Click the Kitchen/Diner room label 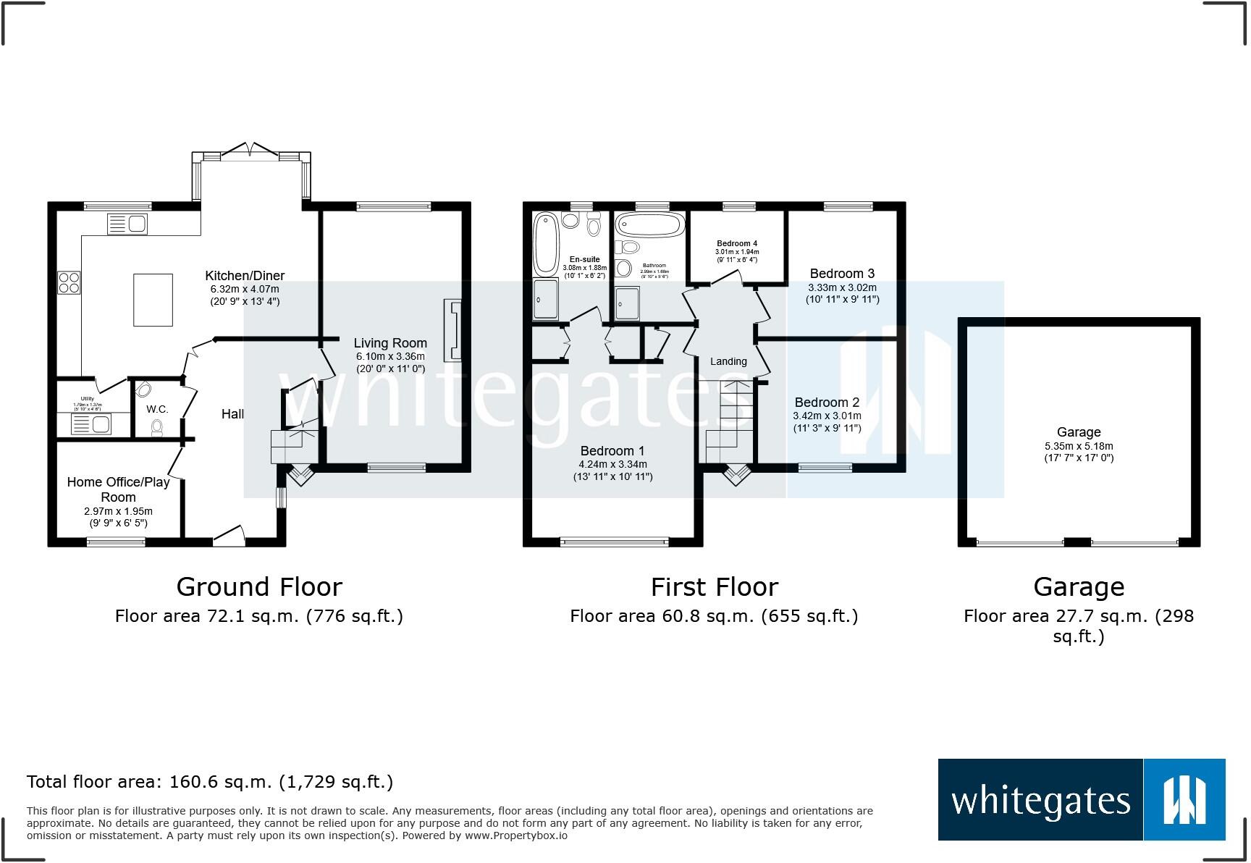245,276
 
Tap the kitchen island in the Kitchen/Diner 153,300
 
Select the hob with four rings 69,282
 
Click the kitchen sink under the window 127,224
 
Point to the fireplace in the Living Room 453,330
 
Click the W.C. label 157,409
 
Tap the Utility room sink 91,424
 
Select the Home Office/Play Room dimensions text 118,516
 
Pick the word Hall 232,414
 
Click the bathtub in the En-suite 544,244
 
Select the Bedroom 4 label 737,243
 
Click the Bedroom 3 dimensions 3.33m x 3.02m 842,287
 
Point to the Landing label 728,361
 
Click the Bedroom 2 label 827,403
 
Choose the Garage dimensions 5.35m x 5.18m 1078,446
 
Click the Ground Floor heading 259,586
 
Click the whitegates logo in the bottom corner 1081,799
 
